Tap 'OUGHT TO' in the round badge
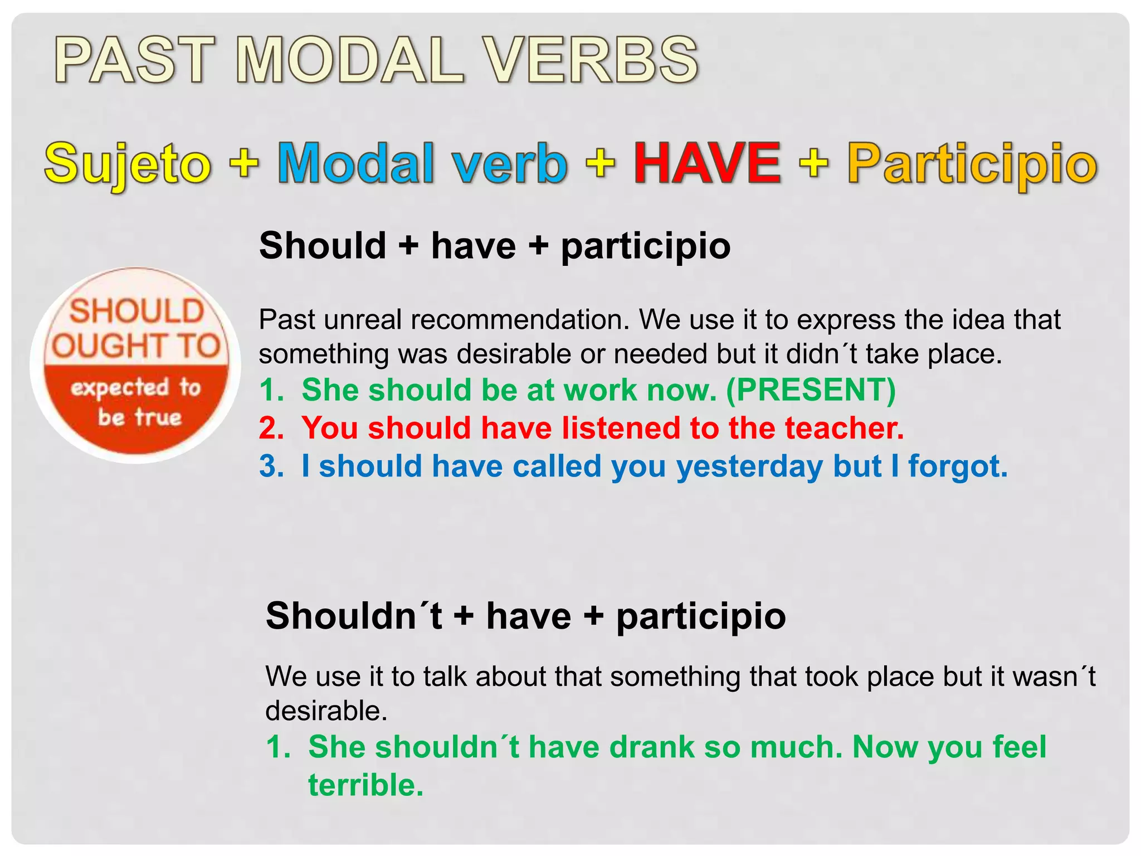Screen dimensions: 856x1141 136,346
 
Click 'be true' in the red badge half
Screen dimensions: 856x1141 140,417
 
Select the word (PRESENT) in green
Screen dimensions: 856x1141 811,390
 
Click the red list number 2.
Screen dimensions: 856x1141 271,428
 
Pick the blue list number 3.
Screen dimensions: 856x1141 271,466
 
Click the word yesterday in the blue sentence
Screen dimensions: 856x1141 749,466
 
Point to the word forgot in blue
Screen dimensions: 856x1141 958,466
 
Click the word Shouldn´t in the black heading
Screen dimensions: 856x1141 354,616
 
